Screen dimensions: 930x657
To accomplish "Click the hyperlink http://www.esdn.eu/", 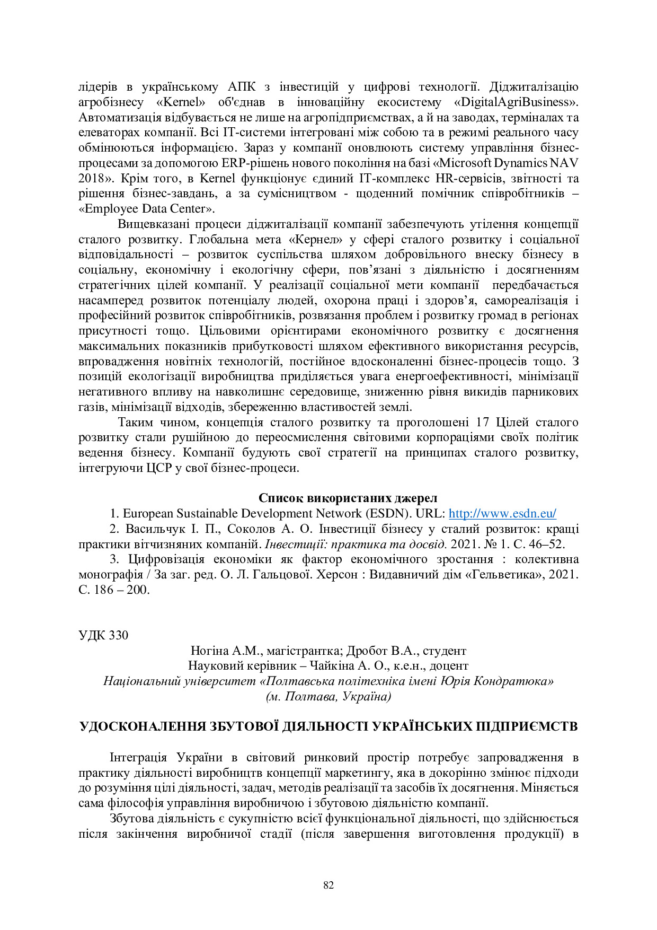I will click(502, 513).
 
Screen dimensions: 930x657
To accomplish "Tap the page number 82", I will click(328, 885).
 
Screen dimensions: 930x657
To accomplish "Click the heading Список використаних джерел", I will click(348, 498).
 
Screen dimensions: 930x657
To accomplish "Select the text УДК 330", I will click(103, 635).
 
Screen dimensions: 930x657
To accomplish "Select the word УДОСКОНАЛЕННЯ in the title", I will click(142, 726).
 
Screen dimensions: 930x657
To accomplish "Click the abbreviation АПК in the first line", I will click(242, 86).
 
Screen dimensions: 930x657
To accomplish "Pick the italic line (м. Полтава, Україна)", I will click(328, 697).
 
